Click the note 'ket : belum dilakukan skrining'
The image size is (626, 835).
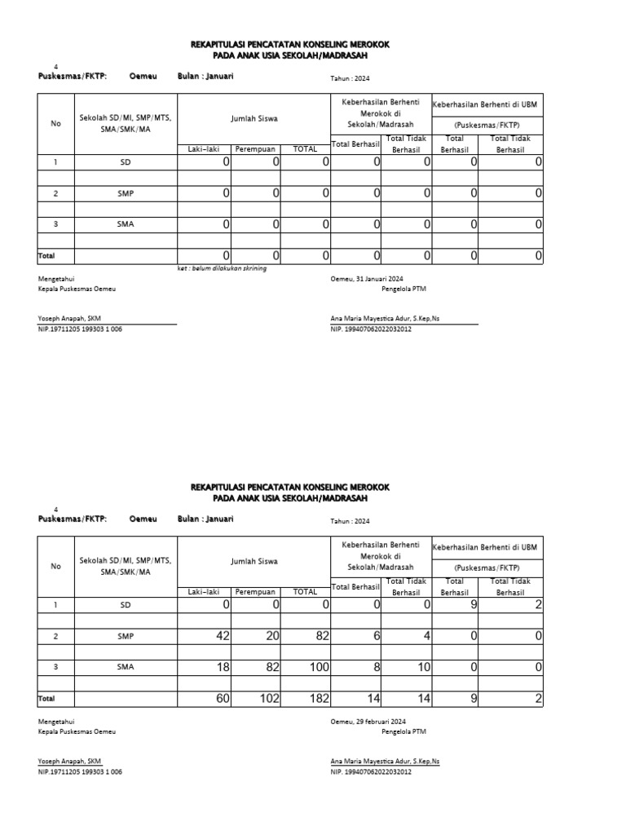[x=222, y=267]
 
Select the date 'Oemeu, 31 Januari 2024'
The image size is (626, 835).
[x=367, y=278]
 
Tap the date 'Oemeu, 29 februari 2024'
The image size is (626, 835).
[x=368, y=722]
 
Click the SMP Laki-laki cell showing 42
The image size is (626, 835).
[x=222, y=636]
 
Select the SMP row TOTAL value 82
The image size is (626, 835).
[x=320, y=636]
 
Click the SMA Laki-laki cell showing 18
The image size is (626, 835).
[x=222, y=667]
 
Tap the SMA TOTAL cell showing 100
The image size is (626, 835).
[x=318, y=667]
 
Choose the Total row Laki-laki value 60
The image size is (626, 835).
[x=222, y=699]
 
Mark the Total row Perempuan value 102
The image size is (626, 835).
[x=269, y=699]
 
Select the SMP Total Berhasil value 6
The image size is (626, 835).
[x=376, y=636]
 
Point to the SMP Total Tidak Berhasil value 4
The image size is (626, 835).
[x=426, y=636]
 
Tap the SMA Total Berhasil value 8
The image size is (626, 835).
[x=376, y=667]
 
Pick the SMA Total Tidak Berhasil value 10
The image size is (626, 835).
[x=423, y=667]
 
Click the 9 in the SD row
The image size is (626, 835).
[x=474, y=605]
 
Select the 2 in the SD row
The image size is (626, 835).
[x=538, y=605]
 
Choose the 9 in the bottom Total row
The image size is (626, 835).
[x=474, y=699]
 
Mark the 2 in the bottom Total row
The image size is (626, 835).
[x=538, y=699]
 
